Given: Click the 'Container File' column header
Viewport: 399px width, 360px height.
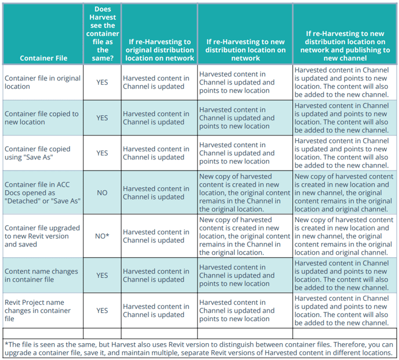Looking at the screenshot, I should tap(43, 58).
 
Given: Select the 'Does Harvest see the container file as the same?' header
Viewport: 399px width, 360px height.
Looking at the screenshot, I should tap(101, 34).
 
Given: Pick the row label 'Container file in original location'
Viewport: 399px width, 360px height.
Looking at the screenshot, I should tap(42, 82).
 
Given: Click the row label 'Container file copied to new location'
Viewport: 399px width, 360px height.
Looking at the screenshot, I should tap(41, 118).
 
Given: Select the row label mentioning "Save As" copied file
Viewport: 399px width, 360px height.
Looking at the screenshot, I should tap(37, 153).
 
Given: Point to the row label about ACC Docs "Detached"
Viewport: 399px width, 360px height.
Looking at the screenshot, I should tap(42, 192).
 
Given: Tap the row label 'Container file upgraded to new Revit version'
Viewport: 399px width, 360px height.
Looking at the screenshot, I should tap(42, 236).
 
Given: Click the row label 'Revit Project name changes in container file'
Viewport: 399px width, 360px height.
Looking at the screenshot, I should tap(38, 311).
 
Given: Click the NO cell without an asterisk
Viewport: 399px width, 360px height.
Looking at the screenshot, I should tap(102, 192).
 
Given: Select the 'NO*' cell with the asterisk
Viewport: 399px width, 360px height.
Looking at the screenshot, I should tap(102, 236).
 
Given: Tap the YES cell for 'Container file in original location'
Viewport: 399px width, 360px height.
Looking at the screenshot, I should tap(102, 82).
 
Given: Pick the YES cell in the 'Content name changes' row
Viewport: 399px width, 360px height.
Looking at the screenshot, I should tap(102, 275).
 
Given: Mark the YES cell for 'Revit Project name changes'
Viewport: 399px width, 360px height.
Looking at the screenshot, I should tap(102, 311).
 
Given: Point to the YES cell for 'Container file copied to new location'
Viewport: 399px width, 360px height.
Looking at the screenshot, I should tap(102, 118).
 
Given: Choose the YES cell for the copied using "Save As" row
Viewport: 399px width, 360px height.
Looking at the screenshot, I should tap(102, 153).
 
